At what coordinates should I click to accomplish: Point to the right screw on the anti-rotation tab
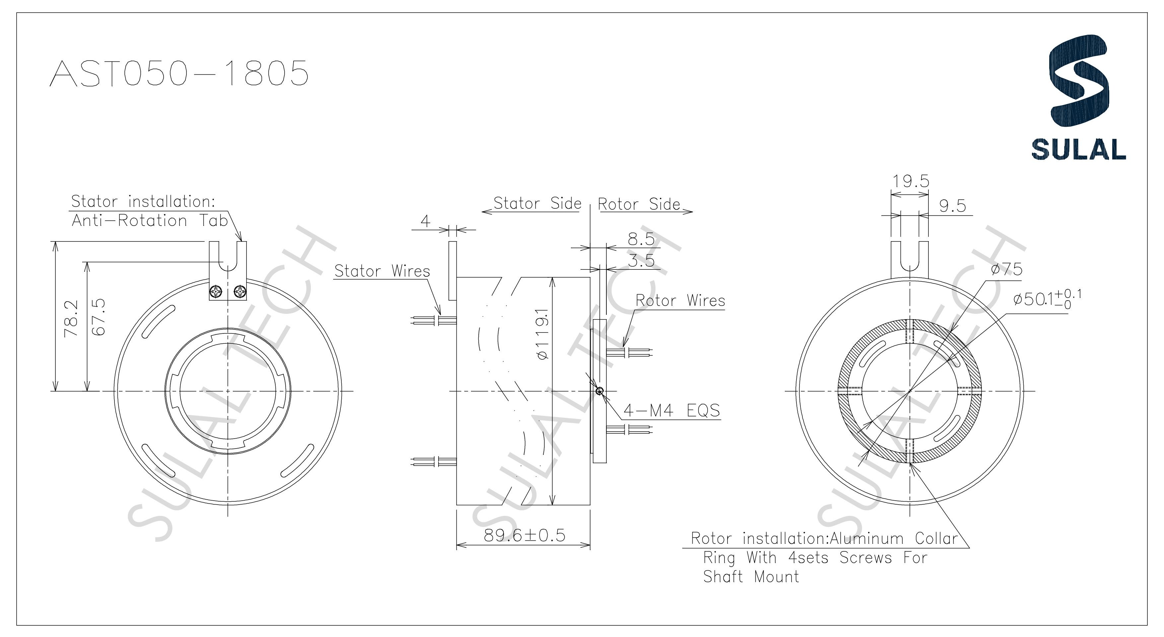pyautogui.click(x=240, y=293)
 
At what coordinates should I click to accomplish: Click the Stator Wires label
pyautogui.click(x=382, y=271)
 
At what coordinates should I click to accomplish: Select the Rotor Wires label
pyautogui.click(x=680, y=301)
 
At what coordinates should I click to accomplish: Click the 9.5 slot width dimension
pyautogui.click(x=952, y=206)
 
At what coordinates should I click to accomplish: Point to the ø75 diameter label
pyautogui.click(x=1006, y=269)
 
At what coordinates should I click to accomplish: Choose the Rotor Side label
pyautogui.click(x=639, y=204)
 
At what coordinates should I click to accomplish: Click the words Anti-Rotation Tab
pyautogui.click(x=150, y=221)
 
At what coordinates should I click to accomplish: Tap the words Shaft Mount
pyautogui.click(x=751, y=577)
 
